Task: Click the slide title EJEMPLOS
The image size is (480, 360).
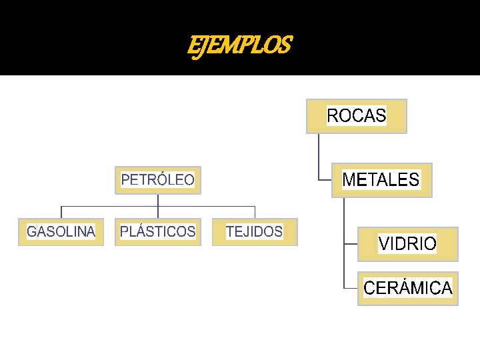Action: (x=239, y=46)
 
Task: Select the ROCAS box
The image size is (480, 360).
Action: (x=356, y=116)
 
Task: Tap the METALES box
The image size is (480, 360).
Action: (x=381, y=180)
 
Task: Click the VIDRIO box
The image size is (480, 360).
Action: (x=407, y=244)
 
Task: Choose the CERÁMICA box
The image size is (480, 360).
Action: (x=407, y=288)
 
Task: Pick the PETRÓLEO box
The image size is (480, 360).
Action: (x=157, y=180)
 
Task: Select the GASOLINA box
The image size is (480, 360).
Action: (x=61, y=232)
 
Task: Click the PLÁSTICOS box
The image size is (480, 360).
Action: (x=157, y=232)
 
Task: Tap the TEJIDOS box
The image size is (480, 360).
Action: (x=255, y=232)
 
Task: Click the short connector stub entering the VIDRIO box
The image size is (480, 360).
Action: (x=351, y=244)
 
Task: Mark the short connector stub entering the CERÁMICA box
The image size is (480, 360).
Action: (x=351, y=288)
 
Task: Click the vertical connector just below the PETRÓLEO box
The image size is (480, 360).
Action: (x=158, y=200)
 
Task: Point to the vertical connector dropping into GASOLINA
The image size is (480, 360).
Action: (x=61, y=212)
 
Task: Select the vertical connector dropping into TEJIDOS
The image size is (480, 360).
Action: (x=255, y=212)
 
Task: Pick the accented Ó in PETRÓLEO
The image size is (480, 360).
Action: (x=165, y=180)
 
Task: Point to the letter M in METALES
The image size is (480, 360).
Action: (x=349, y=180)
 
